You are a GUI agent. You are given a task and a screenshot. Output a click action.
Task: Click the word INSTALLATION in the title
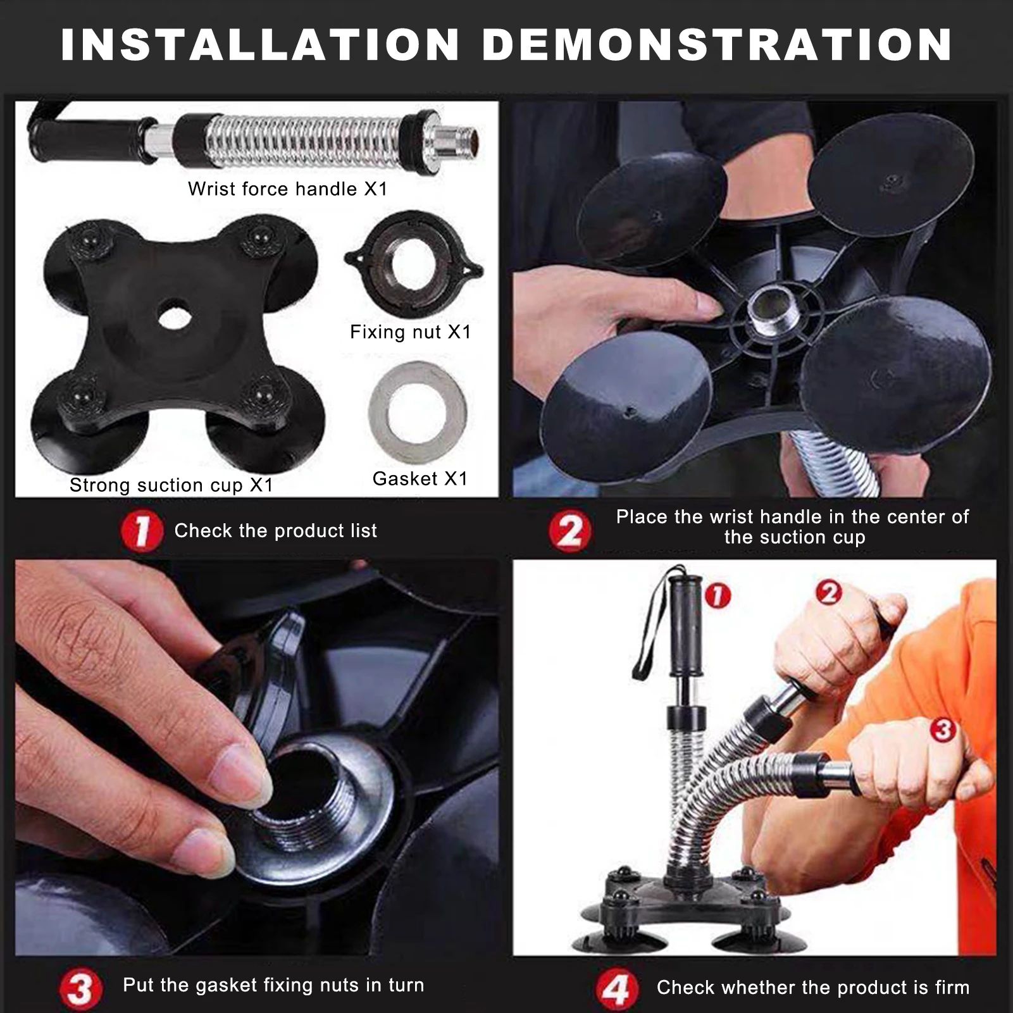tap(260, 44)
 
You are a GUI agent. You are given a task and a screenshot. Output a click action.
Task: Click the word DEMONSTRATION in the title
tap(717, 44)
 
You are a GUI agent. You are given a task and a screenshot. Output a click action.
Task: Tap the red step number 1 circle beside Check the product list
tap(142, 530)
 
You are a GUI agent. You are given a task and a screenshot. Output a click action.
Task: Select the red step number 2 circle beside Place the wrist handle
tap(569, 530)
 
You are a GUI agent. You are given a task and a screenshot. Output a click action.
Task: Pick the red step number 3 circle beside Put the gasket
tap(81, 990)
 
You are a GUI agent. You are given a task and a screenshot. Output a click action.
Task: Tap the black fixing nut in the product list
tap(414, 261)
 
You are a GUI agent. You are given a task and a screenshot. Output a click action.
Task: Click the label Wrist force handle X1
tap(287, 189)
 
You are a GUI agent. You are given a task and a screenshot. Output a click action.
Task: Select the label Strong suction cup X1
tap(171, 485)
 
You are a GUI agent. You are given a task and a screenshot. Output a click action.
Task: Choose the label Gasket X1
tap(420, 478)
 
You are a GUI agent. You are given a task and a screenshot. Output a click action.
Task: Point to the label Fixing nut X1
tap(411, 332)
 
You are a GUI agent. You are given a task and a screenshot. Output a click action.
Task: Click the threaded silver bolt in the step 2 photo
tap(766, 307)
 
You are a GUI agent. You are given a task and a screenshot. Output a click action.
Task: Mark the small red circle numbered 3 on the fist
tap(942, 730)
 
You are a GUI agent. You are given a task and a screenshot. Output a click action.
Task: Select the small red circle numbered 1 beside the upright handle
tap(718, 595)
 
